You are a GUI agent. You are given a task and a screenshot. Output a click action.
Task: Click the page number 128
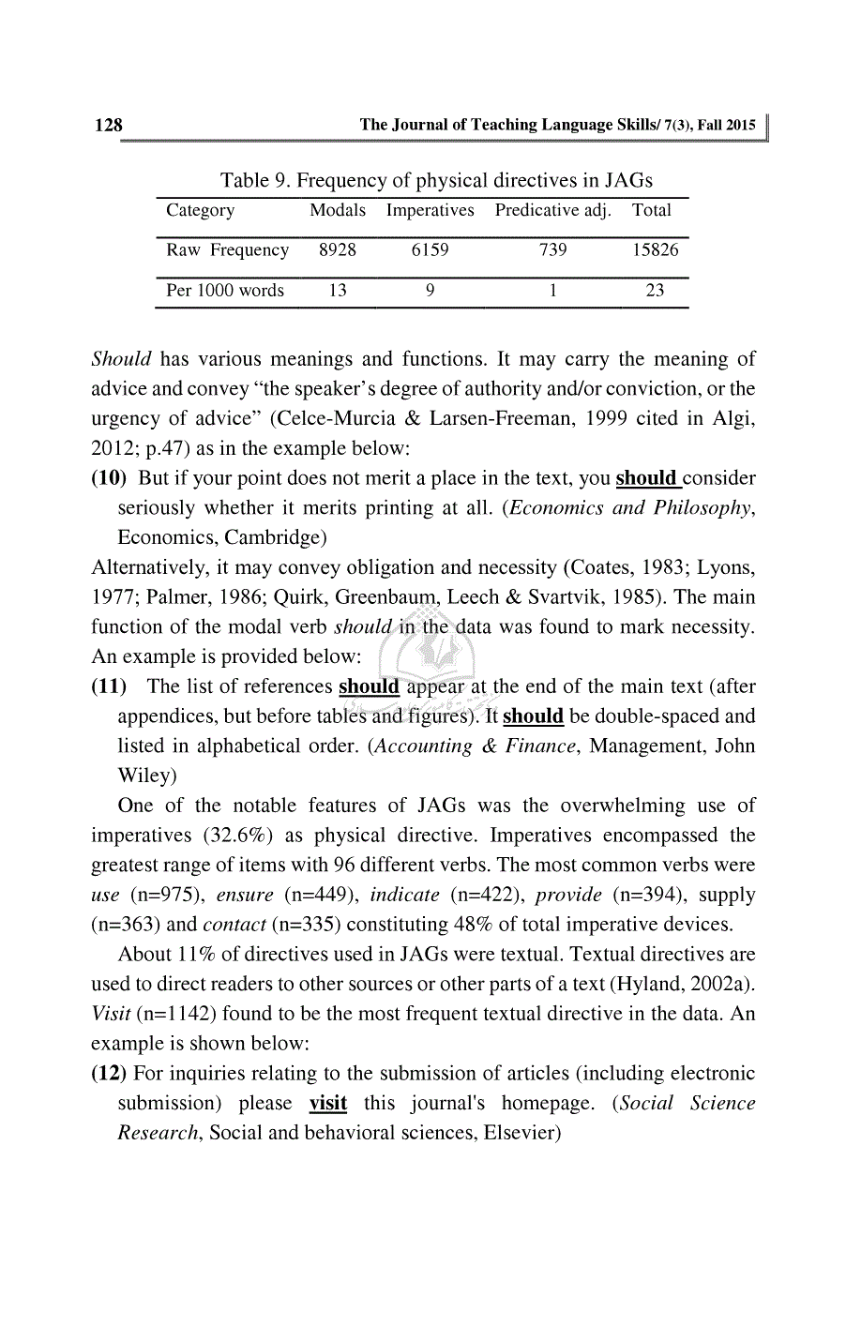pyautogui.click(x=108, y=125)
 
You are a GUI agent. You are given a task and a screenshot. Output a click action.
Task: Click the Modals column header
pyautogui.click(x=338, y=210)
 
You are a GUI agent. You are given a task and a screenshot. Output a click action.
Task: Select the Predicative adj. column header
pyautogui.click(x=552, y=210)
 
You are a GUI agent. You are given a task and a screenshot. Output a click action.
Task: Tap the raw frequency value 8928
pyautogui.click(x=338, y=249)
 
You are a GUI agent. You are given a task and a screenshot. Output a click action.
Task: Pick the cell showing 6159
pyautogui.click(x=430, y=249)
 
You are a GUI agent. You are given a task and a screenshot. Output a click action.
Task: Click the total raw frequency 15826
pyautogui.click(x=655, y=249)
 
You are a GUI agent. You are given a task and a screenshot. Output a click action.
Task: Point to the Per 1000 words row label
pyautogui.click(x=225, y=290)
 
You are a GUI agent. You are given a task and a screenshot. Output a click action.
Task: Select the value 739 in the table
pyautogui.click(x=552, y=249)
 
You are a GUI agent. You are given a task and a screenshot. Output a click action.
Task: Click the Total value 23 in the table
pyautogui.click(x=655, y=290)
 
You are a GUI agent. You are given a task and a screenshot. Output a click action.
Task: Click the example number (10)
pyautogui.click(x=109, y=477)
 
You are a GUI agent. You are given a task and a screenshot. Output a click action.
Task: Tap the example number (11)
pyautogui.click(x=109, y=686)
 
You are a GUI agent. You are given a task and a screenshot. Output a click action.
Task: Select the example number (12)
pyautogui.click(x=109, y=1073)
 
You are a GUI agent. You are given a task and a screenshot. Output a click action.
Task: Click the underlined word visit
pyautogui.click(x=328, y=1103)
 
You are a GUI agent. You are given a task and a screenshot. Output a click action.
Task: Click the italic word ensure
pyautogui.click(x=245, y=895)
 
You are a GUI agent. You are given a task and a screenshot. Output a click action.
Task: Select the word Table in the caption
pyautogui.click(x=245, y=180)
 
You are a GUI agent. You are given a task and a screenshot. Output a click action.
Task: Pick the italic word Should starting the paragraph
pyautogui.click(x=121, y=358)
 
